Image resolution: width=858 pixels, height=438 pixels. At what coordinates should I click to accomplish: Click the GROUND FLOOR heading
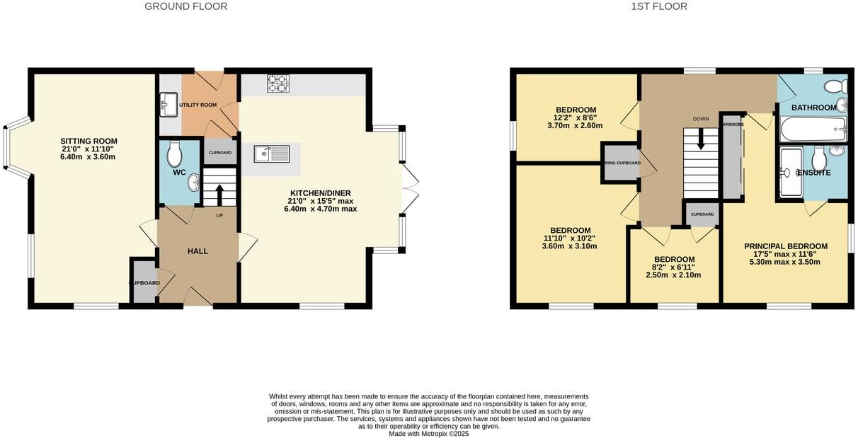(x=185, y=6)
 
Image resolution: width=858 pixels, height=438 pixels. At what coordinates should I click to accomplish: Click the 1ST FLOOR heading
(x=658, y=6)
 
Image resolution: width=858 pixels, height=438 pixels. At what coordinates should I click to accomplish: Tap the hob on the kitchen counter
(x=278, y=83)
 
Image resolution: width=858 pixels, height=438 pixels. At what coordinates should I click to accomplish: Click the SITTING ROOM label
(x=88, y=141)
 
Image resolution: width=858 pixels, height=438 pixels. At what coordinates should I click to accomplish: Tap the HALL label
(x=198, y=250)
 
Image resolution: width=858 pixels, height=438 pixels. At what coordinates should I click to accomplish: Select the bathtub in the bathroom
(x=812, y=129)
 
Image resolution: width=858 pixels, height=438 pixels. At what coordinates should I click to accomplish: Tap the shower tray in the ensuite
(x=791, y=172)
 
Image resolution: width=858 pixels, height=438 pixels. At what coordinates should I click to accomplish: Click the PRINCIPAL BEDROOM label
(x=785, y=246)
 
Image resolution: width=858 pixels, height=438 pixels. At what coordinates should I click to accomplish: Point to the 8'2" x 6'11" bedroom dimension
(x=673, y=267)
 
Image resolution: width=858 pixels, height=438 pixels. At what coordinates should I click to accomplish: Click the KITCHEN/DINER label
(x=320, y=193)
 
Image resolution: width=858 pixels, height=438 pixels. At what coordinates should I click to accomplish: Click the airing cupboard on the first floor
(x=622, y=163)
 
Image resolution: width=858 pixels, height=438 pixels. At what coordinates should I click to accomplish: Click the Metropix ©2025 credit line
(x=428, y=434)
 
